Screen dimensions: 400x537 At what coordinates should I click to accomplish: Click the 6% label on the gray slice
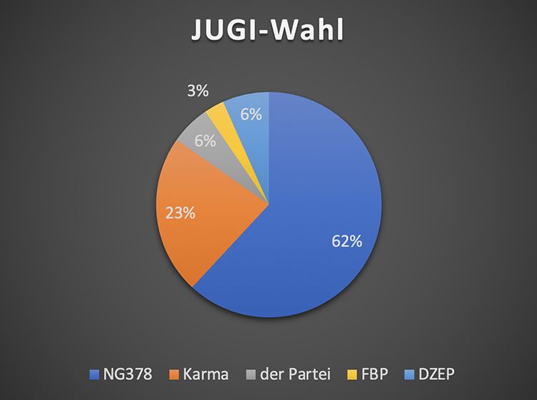coord(205,141)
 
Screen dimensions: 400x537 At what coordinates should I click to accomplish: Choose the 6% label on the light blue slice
coord(251,113)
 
